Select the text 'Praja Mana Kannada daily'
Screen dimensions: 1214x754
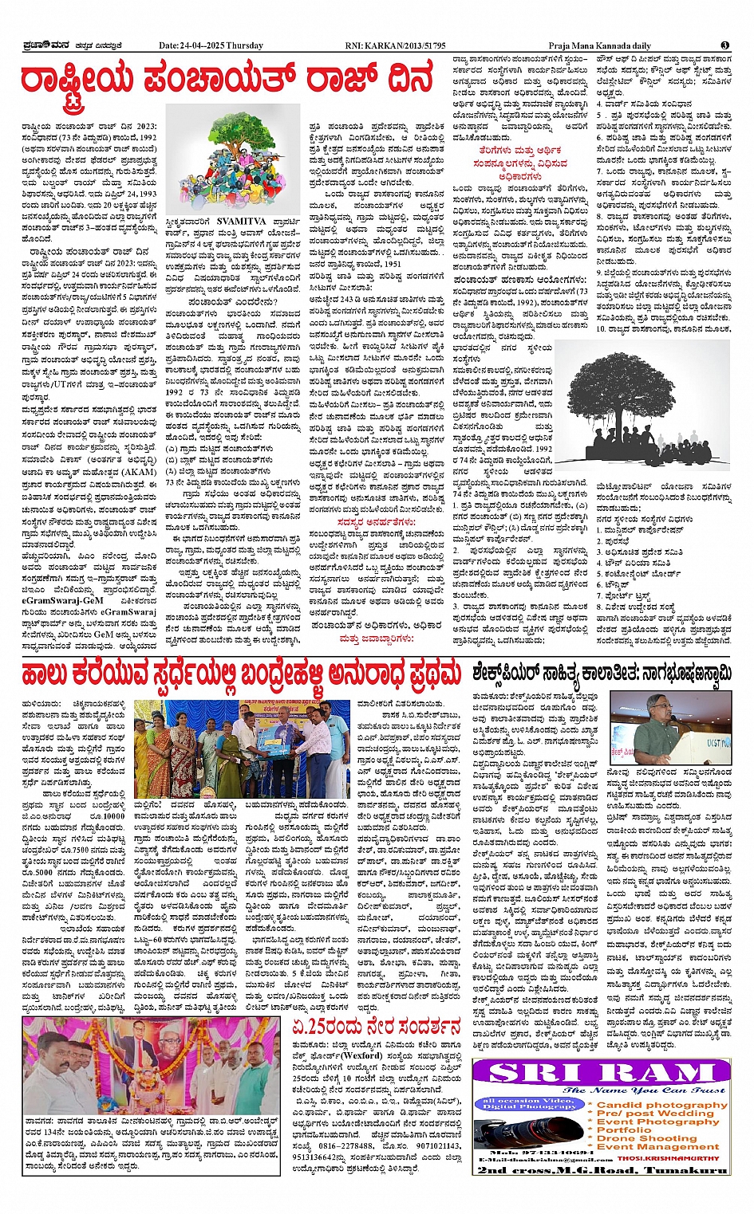(x=599, y=45)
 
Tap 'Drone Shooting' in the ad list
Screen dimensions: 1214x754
(x=646, y=1138)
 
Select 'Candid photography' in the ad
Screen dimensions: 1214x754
(x=661, y=1105)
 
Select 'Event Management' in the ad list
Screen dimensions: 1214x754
(x=657, y=1147)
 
